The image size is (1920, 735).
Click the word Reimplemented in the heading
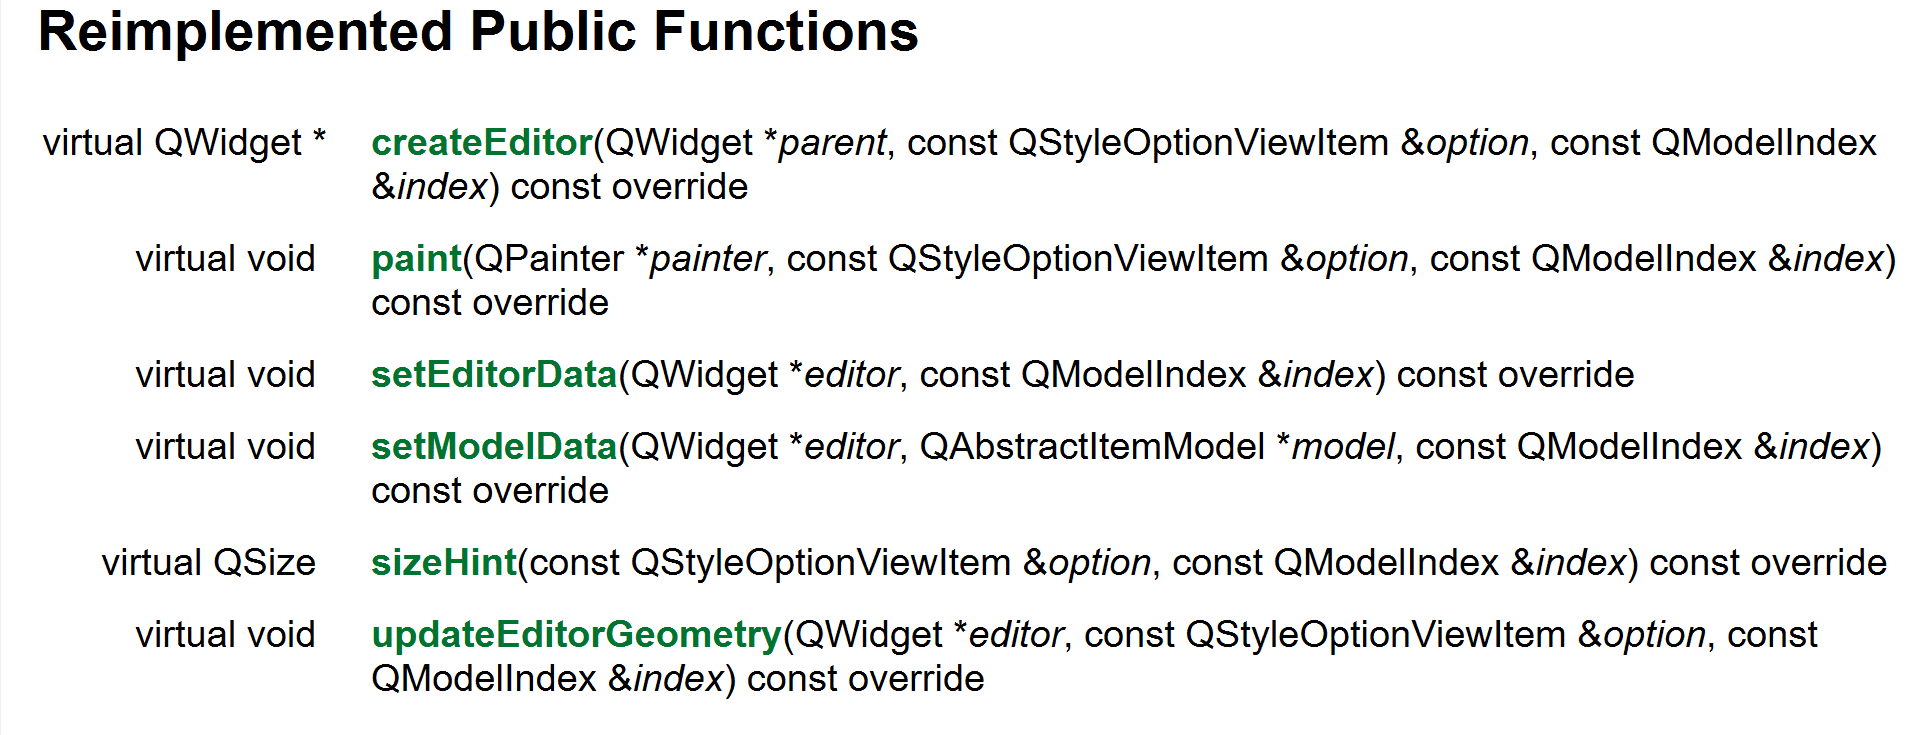pos(246,32)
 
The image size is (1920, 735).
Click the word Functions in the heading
pos(785,32)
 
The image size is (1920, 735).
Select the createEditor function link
pos(482,143)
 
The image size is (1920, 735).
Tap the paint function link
pos(416,259)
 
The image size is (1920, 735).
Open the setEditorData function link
pos(494,375)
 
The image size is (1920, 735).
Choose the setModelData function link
pos(494,447)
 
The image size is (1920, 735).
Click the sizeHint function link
pos(444,563)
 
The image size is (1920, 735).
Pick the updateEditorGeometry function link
pos(576,635)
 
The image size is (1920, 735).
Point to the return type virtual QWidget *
pos(184,143)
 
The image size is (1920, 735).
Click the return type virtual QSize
pos(208,563)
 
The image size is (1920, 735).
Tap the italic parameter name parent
pos(832,143)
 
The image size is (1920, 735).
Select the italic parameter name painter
pos(708,259)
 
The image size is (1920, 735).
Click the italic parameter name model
pos(1343,447)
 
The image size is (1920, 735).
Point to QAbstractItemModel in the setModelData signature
pos(1092,447)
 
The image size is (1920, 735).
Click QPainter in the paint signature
pos(549,259)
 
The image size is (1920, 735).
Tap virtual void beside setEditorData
pos(225,375)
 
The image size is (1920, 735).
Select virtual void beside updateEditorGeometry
pos(225,635)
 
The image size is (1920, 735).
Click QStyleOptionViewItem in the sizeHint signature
pos(821,563)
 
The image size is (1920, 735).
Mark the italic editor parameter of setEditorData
pos(851,375)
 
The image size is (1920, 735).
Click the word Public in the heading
pos(553,32)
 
